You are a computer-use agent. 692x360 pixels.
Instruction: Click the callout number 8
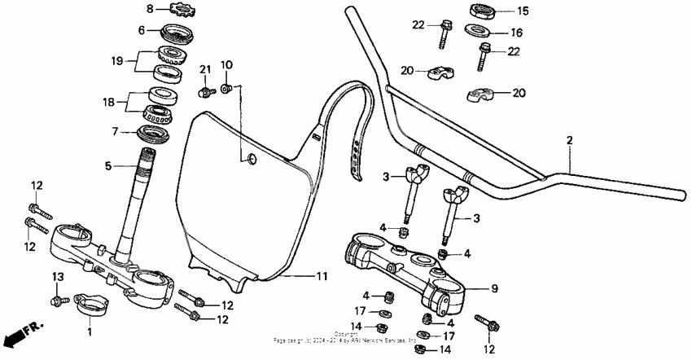149,9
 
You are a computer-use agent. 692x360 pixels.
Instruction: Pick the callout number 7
116,130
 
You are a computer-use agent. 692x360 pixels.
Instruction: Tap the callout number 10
226,64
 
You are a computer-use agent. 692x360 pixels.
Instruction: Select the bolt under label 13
58,302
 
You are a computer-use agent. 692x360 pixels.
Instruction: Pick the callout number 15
523,11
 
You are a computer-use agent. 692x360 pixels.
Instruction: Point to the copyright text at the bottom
346,336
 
